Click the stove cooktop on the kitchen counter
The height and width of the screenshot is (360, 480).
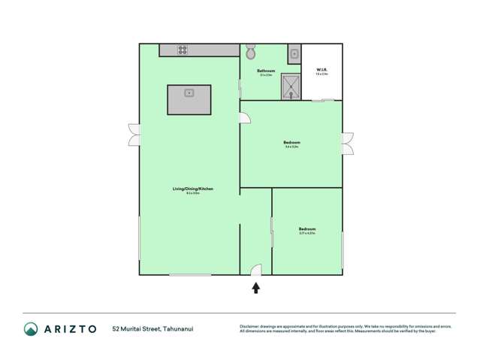(x=183, y=50)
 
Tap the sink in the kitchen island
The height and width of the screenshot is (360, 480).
(x=189, y=93)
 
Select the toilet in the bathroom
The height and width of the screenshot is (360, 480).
(x=250, y=52)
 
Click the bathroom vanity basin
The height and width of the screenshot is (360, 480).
(x=294, y=53)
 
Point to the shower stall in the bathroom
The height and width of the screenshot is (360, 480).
(x=291, y=86)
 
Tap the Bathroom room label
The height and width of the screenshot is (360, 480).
(x=266, y=71)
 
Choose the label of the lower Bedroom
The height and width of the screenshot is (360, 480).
(x=306, y=228)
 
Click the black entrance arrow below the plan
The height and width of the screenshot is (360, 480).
(x=256, y=286)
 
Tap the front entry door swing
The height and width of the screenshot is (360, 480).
(x=256, y=270)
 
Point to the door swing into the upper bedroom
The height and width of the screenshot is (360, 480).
(x=246, y=117)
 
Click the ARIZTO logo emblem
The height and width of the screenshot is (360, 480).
(x=31, y=328)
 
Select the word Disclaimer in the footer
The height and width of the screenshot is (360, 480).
(x=249, y=326)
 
